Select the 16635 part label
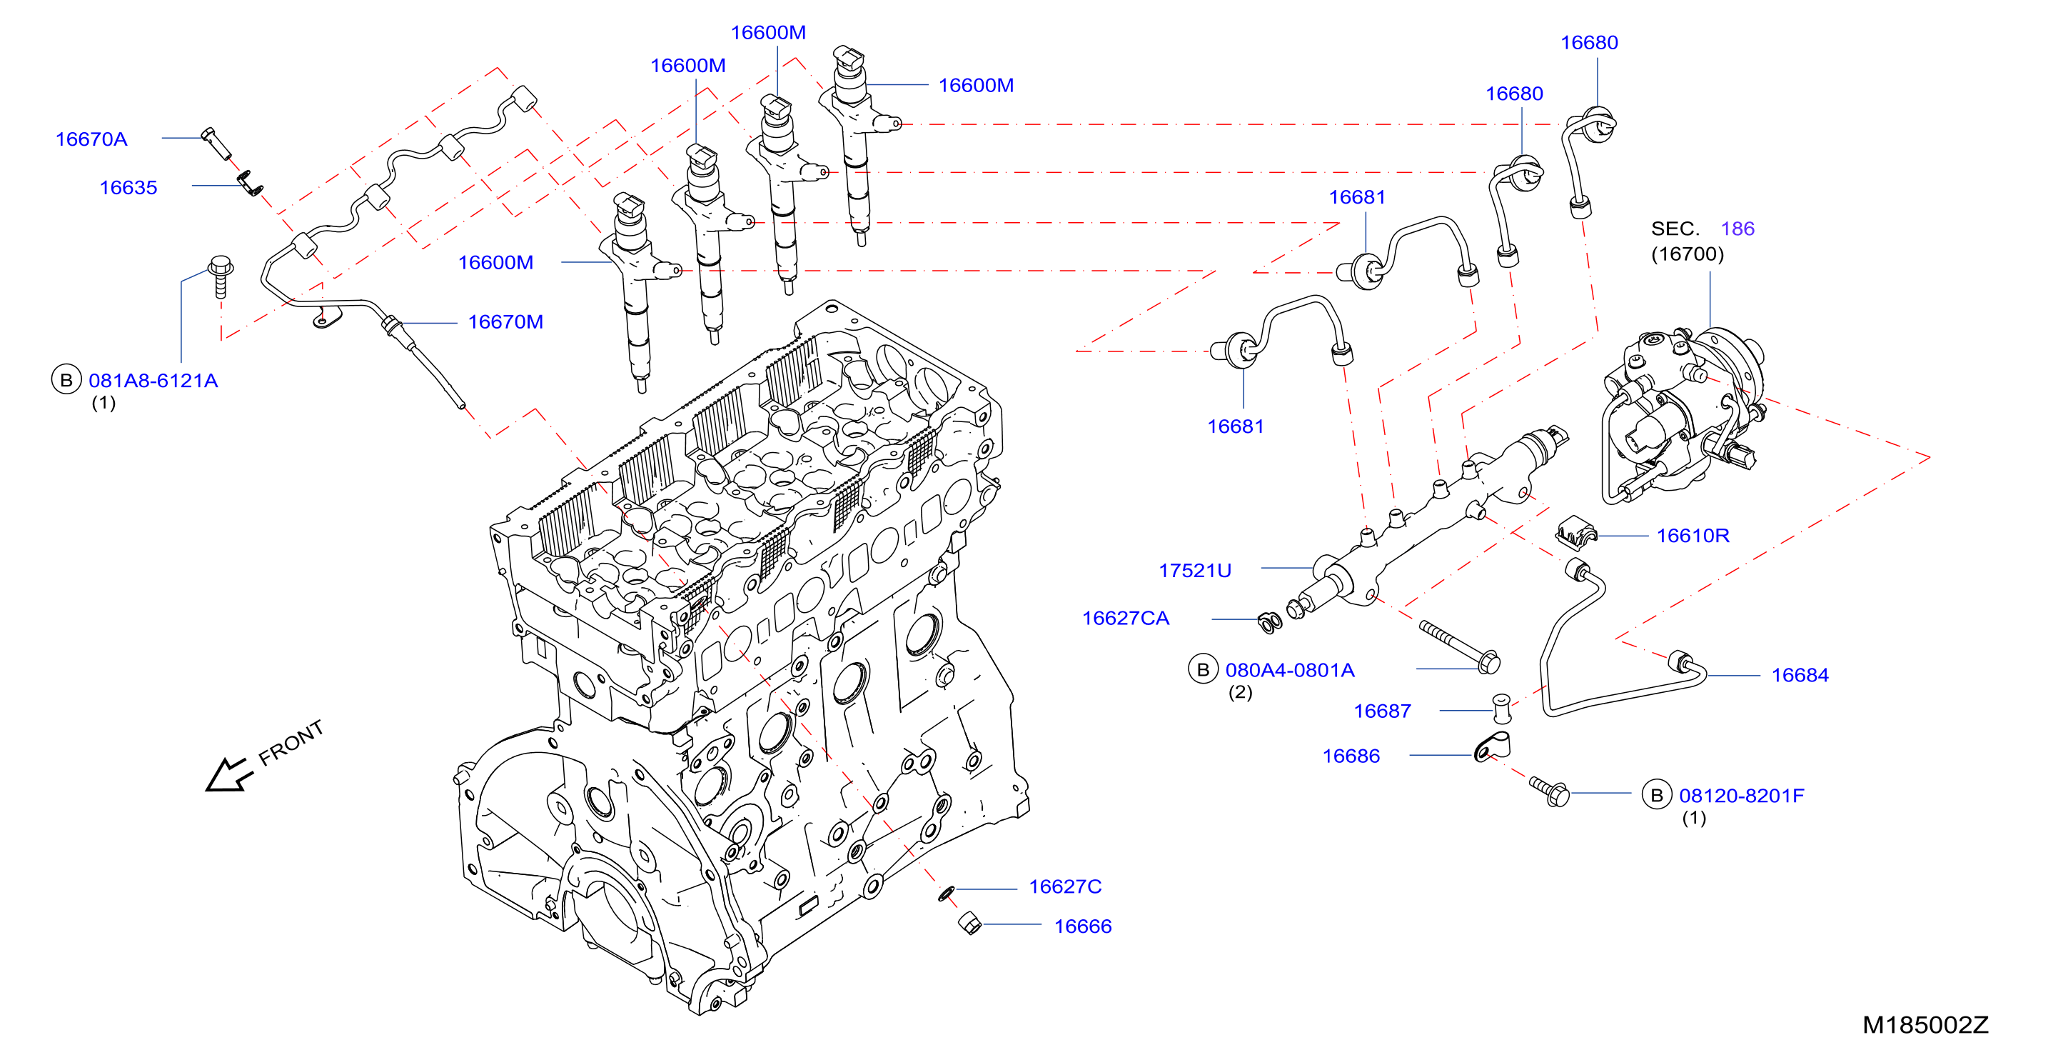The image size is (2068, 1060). [128, 187]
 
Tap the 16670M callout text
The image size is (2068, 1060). [506, 321]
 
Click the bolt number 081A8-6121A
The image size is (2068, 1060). [153, 380]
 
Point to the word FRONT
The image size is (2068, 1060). [291, 742]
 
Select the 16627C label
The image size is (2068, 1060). [1065, 886]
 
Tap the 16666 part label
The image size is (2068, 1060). [1083, 926]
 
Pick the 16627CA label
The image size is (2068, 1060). [1126, 618]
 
